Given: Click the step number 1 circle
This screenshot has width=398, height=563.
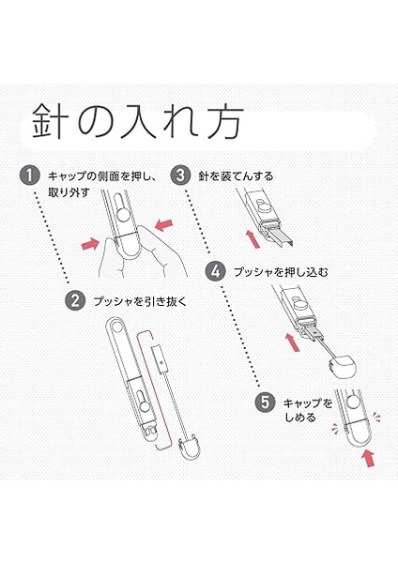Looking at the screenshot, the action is tap(29, 175).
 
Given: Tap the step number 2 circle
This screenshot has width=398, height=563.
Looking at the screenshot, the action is tap(75, 300).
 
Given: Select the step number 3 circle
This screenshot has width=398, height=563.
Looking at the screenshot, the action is tap(180, 175).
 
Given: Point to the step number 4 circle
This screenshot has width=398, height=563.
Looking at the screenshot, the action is tap(215, 271).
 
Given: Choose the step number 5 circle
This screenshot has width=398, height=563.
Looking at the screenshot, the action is tap(265, 403).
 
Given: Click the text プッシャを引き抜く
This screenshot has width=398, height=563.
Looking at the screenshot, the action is tap(141, 301).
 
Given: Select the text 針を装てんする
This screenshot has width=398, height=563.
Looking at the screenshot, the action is tap(236, 176).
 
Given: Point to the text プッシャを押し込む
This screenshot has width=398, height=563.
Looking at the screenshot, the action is tap(281, 272).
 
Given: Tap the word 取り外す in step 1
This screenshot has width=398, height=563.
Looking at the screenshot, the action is tap(69, 192).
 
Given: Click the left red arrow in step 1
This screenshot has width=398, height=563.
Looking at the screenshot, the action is tap(90, 244).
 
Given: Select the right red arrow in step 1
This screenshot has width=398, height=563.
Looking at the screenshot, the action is tap(163, 225).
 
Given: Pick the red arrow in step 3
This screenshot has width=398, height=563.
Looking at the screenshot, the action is tap(253, 239).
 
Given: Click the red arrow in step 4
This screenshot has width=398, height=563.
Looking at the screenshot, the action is tap(292, 342).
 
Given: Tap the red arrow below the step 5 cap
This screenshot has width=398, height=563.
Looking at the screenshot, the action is tap(369, 458).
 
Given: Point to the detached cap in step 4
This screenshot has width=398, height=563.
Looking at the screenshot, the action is tap(343, 367).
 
